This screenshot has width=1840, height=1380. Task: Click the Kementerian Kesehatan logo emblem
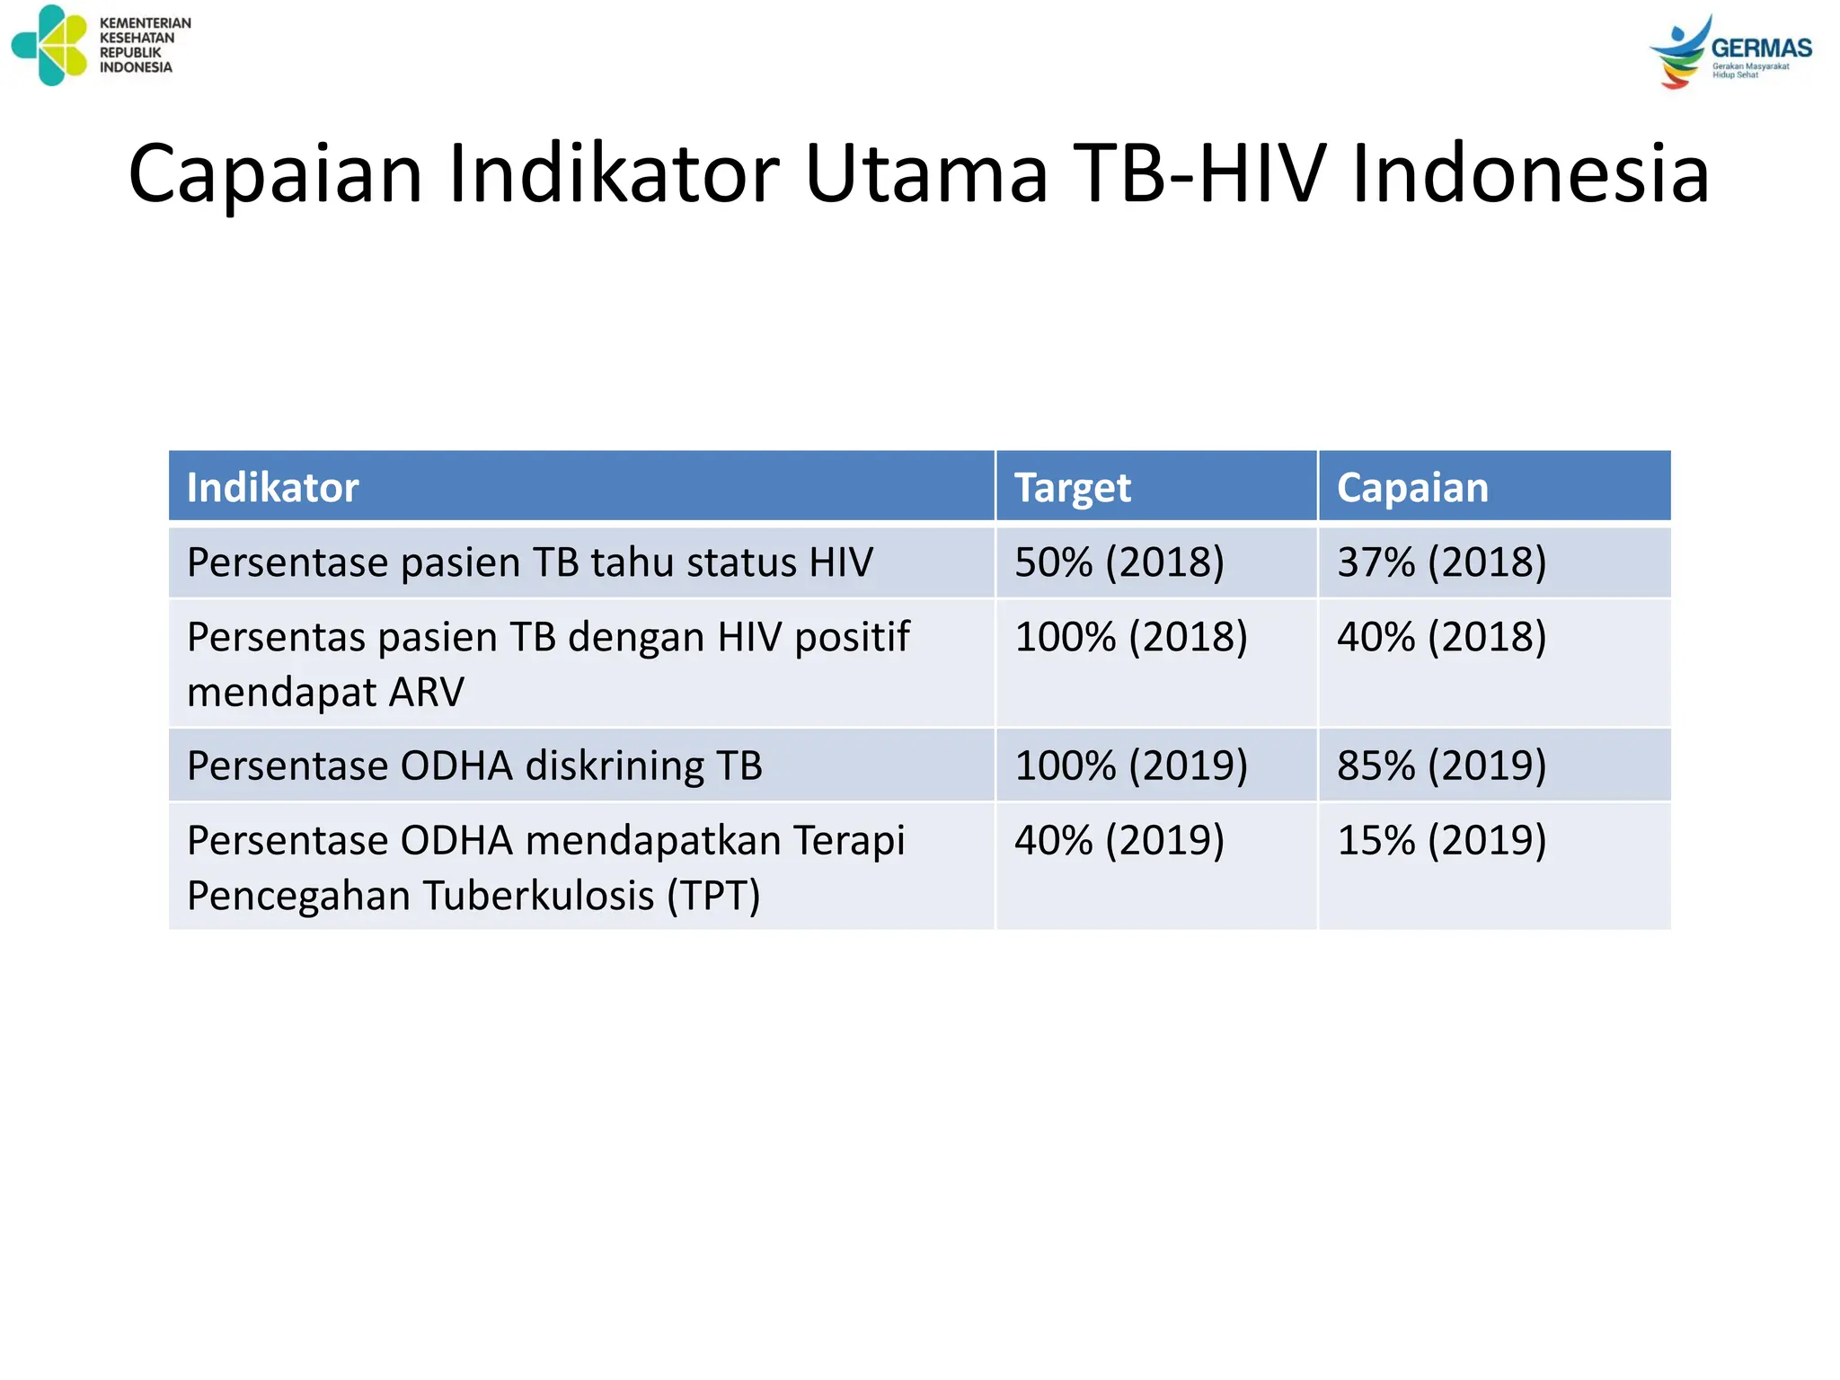click(x=50, y=46)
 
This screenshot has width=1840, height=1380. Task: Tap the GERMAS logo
click(x=1729, y=52)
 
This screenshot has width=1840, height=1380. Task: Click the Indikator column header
click(x=272, y=488)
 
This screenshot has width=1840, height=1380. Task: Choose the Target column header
click(x=1072, y=488)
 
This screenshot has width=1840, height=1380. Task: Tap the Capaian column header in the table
click(x=1411, y=488)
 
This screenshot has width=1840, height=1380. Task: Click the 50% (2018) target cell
click(x=1119, y=562)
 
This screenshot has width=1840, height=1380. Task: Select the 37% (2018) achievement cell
click(x=1441, y=562)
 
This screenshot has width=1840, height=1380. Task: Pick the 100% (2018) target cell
click(x=1130, y=637)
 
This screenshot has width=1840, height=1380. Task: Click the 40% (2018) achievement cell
click(x=1441, y=637)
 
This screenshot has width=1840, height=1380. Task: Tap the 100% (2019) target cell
click(x=1130, y=765)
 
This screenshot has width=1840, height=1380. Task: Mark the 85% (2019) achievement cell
click(x=1441, y=765)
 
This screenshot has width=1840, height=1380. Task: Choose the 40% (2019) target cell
click(x=1119, y=841)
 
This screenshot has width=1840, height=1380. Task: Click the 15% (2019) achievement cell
click(x=1441, y=841)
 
